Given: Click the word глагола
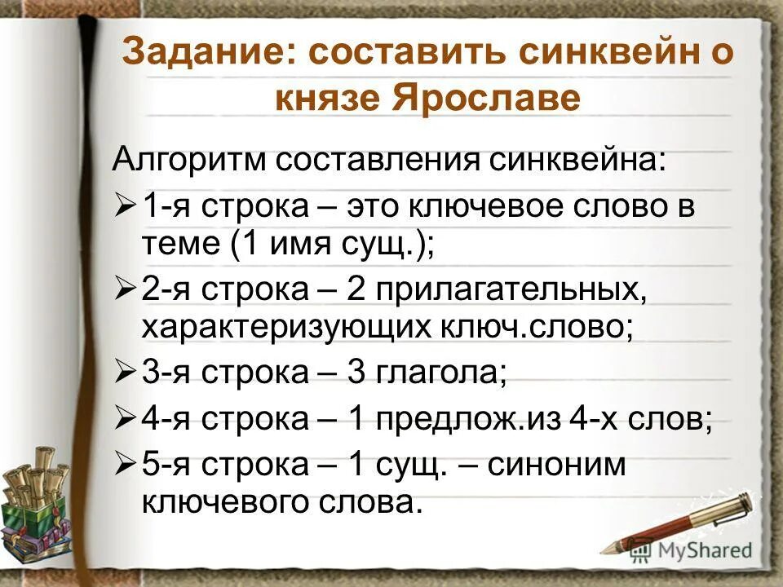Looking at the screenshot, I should click(440, 373).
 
